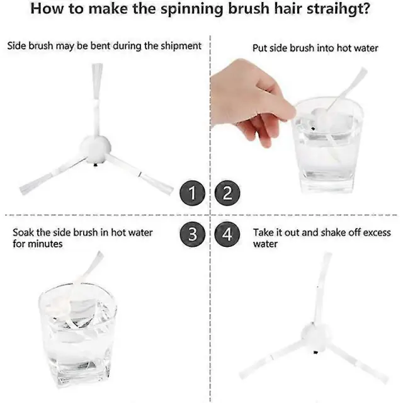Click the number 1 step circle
click(193, 193)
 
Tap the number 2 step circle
click(227, 193)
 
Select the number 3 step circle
click(193, 234)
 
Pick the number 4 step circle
click(227, 234)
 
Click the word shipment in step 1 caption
click(181, 46)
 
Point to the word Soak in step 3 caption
click(23, 232)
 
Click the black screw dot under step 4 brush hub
click(315, 352)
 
